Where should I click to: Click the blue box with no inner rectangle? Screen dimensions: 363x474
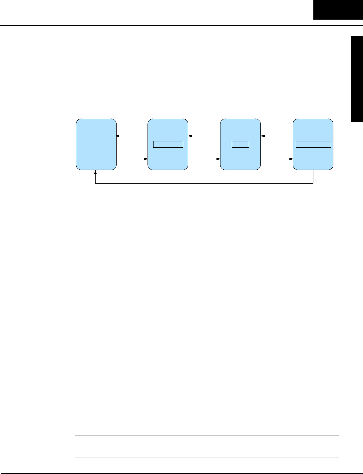coord(96,144)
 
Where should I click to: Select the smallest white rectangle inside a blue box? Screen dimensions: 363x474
coord(240,144)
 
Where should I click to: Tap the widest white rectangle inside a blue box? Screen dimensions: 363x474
coord(313,144)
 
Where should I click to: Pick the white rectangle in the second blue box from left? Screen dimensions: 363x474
coord(168,144)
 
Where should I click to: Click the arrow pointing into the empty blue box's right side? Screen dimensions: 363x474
coord(132,136)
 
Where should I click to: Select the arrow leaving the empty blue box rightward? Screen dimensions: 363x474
coord(132,159)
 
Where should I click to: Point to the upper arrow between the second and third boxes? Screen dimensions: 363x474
coord(204,136)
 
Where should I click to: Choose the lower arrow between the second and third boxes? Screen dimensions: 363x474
coord(204,159)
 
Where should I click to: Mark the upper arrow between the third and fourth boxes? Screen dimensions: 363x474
coord(277,136)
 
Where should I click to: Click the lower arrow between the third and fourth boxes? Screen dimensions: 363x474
coord(277,159)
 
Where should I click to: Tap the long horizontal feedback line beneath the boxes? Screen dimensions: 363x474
coord(204,183)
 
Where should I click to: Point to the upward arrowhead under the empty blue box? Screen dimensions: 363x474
coord(96,172)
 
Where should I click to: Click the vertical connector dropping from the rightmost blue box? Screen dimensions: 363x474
coord(313,177)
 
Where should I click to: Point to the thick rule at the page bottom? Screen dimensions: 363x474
coord(181,473)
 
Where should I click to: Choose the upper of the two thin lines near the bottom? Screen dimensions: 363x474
coord(206,435)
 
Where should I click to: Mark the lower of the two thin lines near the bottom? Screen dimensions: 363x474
coord(206,457)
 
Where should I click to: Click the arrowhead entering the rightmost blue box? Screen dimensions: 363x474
coord(291,159)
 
